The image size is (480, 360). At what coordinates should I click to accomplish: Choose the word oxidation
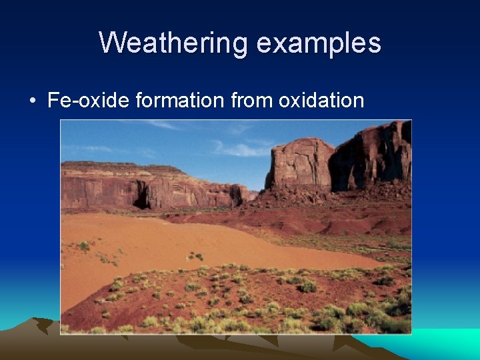tap(321, 101)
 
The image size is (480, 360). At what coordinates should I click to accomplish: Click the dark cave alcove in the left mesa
tap(142, 197)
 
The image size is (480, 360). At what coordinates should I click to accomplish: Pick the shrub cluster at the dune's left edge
tap(83, 246)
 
